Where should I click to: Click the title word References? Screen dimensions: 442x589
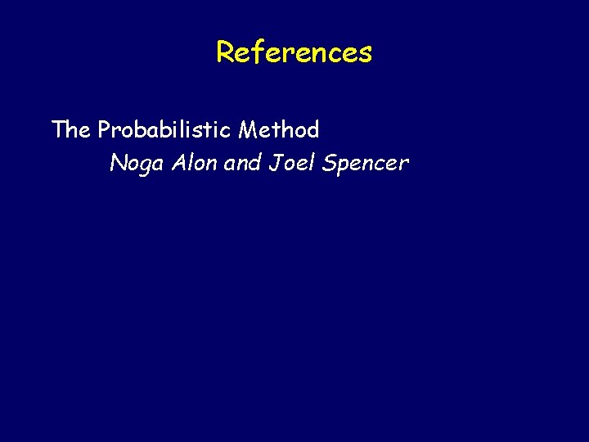click(x=294, y=52)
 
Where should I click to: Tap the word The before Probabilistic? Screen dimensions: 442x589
click(x=71, y=129)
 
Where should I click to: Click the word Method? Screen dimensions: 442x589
click(x=279, y=129)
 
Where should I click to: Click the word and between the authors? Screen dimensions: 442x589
click(x=241, y=164)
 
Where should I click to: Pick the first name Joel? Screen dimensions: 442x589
click(x=291, y=164)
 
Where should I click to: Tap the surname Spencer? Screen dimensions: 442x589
click(x=365, y=164)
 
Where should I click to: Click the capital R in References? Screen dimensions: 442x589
click(x=224, y=52)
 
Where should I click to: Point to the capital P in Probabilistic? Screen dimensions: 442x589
click(x=104, y=129)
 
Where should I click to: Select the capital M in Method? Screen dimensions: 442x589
click(x=248, y=129)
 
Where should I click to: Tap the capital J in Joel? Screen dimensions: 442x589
click(x=275, y=164)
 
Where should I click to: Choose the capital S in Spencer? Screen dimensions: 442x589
click(x=329, y=164)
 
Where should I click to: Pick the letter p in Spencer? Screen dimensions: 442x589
click(x=344, y=166)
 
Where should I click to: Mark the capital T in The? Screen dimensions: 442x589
click(x=58, y=129)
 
